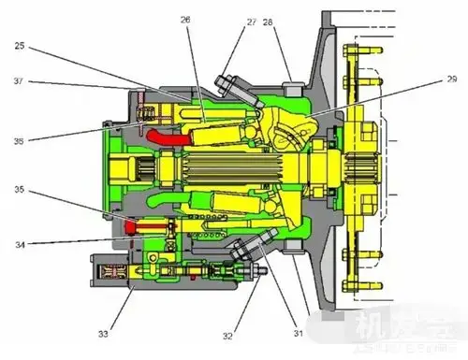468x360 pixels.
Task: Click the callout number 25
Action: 21,45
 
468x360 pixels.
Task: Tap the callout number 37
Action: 21,80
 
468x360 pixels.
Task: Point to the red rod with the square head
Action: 144,224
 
